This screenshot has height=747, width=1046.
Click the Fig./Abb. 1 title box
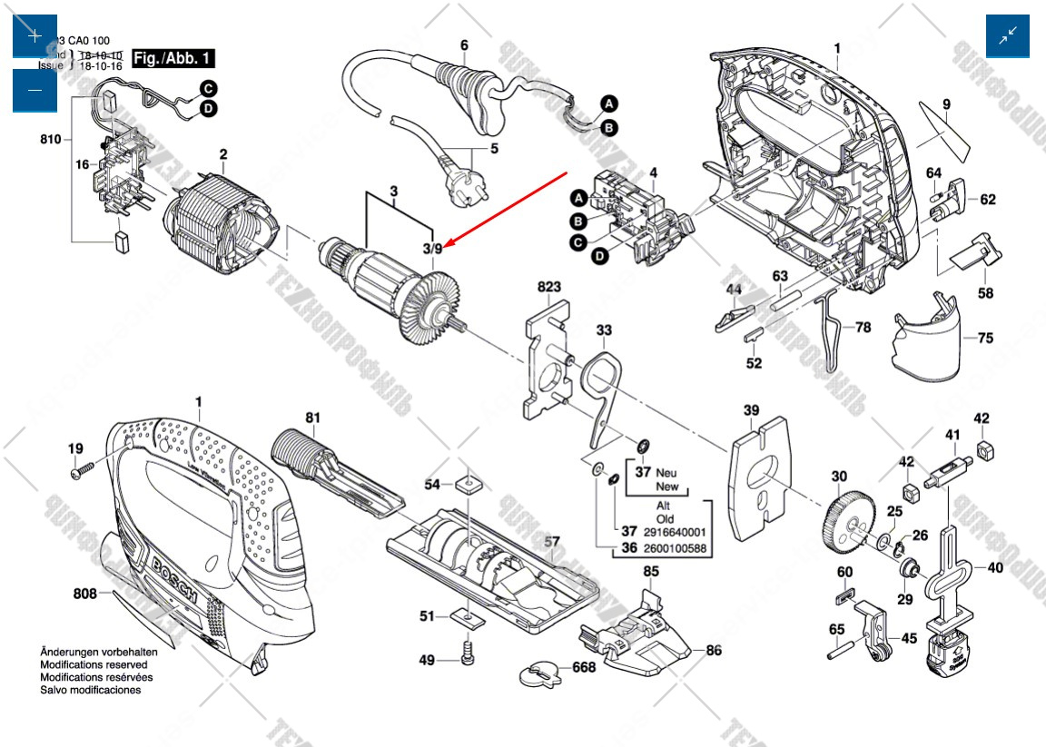173,59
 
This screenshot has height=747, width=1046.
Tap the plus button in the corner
35,36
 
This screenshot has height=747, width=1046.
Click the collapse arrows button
1008,36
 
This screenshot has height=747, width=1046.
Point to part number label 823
548,287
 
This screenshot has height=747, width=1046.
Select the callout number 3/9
432,248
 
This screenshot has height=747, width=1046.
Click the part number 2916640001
673,532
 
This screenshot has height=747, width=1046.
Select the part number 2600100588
673,549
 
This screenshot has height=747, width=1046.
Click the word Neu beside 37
666,473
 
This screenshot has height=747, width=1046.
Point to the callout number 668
583,667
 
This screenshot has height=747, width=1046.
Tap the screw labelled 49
468,651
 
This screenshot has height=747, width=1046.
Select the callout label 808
85,595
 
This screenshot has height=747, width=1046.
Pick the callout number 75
985,338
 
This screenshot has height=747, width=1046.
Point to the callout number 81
312,418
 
